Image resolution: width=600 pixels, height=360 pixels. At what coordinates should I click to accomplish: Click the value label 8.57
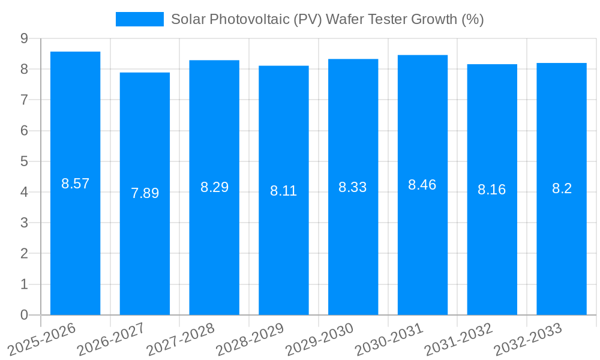click(75, 184)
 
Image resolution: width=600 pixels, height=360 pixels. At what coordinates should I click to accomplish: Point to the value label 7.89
click(145, 193)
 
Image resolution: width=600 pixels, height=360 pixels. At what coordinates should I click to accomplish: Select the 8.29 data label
click(214, 187)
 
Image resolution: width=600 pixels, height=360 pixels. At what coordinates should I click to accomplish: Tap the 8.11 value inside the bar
click(284, 191)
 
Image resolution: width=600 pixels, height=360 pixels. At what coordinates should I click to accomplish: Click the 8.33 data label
click(353, 187)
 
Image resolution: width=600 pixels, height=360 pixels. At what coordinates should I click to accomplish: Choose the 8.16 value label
click(492, 190)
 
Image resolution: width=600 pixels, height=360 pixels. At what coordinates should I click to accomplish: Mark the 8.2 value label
click(562, 188)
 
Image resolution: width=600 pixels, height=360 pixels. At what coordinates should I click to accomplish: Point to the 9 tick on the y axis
click(24, 38)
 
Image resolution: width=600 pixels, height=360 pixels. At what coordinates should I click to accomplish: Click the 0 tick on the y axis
click(24, 315)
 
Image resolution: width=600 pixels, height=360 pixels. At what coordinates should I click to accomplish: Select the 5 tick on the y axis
click(24, 161)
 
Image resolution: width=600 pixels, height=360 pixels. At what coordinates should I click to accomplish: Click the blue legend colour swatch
click(139, 19)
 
